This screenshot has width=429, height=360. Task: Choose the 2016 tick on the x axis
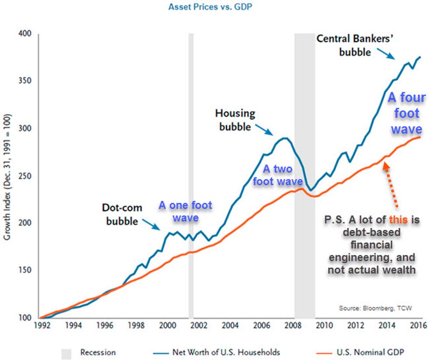(419, 326)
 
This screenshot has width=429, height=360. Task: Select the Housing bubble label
(235, 120)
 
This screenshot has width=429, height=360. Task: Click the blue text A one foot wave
(185, 211)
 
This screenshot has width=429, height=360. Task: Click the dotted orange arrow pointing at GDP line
(391, 184)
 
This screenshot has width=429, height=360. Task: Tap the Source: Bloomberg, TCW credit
(375, 308)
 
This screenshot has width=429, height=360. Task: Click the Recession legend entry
(97, 352)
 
